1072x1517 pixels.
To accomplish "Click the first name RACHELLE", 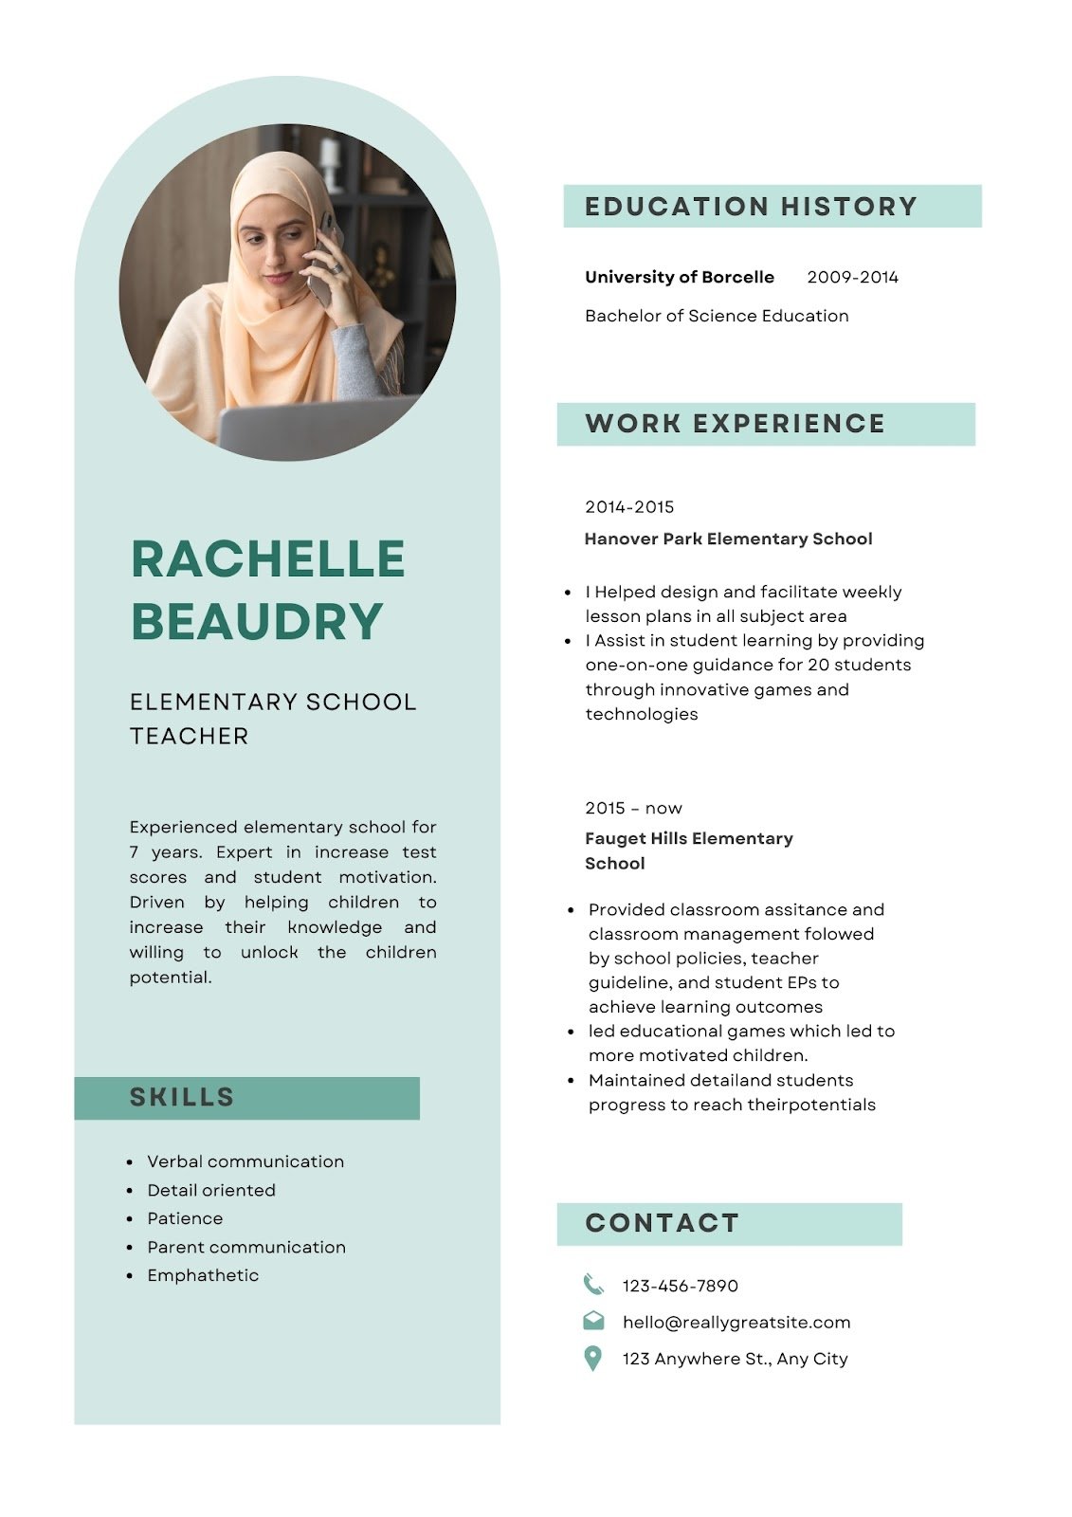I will (x=268, y=558).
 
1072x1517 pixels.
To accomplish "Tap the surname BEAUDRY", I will (x=257, y=622).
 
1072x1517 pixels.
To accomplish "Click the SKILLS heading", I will (x=182, y=1097).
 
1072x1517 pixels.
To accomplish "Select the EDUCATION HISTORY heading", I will (x=751, y=207).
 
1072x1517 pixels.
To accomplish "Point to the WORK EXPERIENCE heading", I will (x=735, y=424).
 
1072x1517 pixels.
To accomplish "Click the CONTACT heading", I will (x=662, y=1223).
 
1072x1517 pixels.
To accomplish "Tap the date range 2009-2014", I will (x=852, y=277).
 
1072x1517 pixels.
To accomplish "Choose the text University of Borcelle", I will (x=679, y=277).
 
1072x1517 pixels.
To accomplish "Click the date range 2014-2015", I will (x=629, y=507).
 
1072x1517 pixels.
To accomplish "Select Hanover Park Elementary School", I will (x=728, y=539).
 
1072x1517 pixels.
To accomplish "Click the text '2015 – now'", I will (x=633, y=808).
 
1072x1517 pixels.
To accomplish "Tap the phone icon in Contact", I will (x=593, y=1284).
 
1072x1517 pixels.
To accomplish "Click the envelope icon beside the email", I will (x=593, y=1320).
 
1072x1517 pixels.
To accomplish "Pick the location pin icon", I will (x=593, y=1358).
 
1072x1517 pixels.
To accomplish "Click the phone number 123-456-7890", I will (x=680, y=1286).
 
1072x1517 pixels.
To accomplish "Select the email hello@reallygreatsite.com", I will (x=736, y=1322).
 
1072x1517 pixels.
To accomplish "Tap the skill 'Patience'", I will (x=185, y=1218).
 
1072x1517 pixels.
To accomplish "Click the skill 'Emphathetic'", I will (x=203, y=1275).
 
